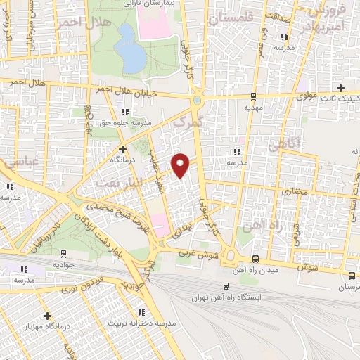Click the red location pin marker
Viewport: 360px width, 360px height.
click(181, 165)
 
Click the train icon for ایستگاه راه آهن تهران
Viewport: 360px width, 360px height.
click(225, 285)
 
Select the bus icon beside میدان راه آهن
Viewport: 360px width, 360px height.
click(254, 258)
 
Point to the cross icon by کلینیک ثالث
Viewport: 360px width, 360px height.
click(341, 88)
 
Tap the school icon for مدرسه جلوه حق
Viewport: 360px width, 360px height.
click(125, 112)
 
